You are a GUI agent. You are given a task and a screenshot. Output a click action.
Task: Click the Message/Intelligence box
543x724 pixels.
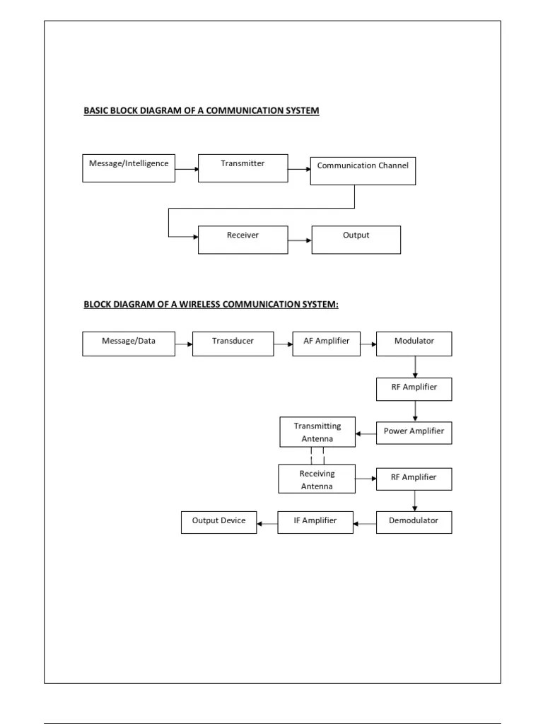click(129, 167)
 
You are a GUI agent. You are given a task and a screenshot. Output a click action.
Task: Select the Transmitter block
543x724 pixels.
click(243, 167)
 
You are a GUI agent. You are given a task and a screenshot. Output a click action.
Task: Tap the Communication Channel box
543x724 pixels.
click(363, 170)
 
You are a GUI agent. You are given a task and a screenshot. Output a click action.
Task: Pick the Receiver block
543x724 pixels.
click(243, 239)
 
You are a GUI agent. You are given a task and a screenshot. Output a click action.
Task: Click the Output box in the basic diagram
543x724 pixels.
click(356, 239)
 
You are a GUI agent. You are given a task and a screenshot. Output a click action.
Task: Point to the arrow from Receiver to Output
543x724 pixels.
click(300, 240)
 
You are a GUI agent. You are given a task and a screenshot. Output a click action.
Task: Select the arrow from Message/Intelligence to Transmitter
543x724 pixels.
click(187, 169)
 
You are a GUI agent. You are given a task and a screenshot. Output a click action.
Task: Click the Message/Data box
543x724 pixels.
click(129, 344)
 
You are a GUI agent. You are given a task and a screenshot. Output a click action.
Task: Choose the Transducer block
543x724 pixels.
click(233, 344)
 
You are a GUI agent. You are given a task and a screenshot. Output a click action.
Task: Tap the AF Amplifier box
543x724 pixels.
click(326, 344)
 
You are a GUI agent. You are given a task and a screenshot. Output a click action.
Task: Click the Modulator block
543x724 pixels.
click(414, 344)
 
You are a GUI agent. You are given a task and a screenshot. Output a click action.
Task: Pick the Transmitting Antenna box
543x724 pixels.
click(317, 432)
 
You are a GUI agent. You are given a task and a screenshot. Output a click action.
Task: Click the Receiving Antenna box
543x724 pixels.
click(317, 479)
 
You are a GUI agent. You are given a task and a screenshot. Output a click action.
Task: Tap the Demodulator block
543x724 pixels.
click(414, 522)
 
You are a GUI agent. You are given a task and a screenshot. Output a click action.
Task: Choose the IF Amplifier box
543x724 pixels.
click(315, 522)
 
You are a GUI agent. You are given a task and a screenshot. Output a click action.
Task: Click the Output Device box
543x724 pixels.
click(218, 522)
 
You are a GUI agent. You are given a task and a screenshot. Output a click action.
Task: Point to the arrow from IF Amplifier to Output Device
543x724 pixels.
click(267, 524)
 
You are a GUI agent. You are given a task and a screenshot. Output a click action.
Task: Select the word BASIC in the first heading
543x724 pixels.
click(96, 111)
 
